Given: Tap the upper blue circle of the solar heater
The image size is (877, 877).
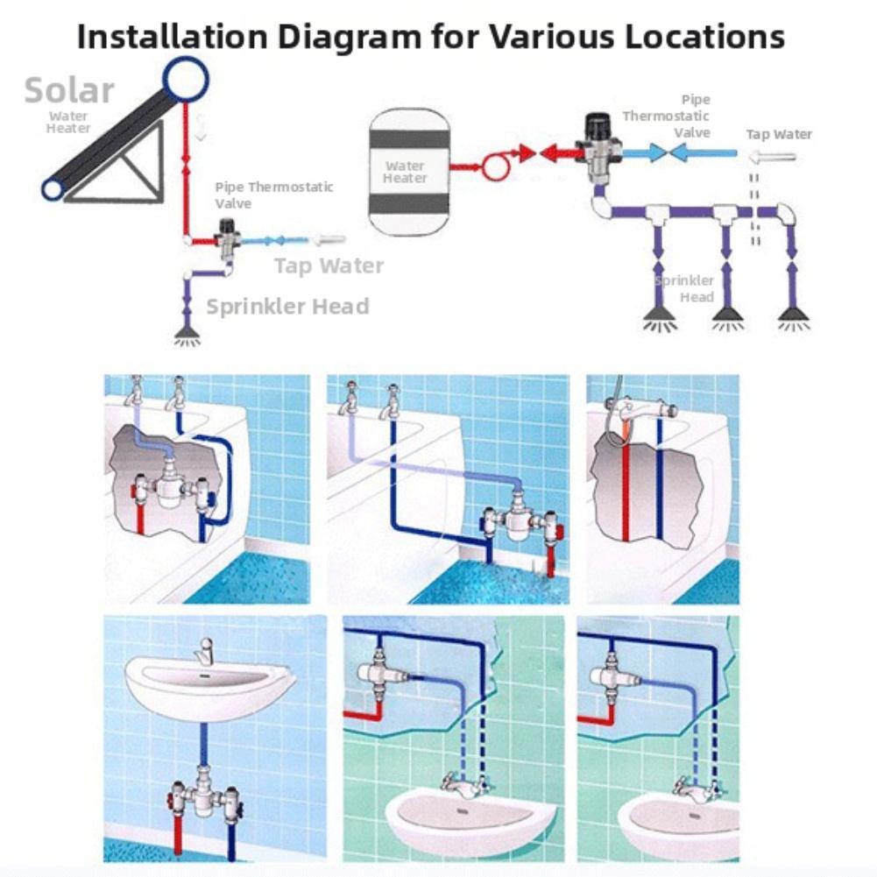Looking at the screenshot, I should point(185,79).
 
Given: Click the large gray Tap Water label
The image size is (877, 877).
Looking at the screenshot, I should point(329,265).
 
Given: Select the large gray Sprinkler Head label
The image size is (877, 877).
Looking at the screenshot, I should point(287,306).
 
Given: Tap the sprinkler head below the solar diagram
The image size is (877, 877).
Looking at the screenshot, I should point(185,334).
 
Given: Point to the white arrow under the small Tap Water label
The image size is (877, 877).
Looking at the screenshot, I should point(772,158).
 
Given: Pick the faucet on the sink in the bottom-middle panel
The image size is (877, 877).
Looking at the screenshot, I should point(460,782).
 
